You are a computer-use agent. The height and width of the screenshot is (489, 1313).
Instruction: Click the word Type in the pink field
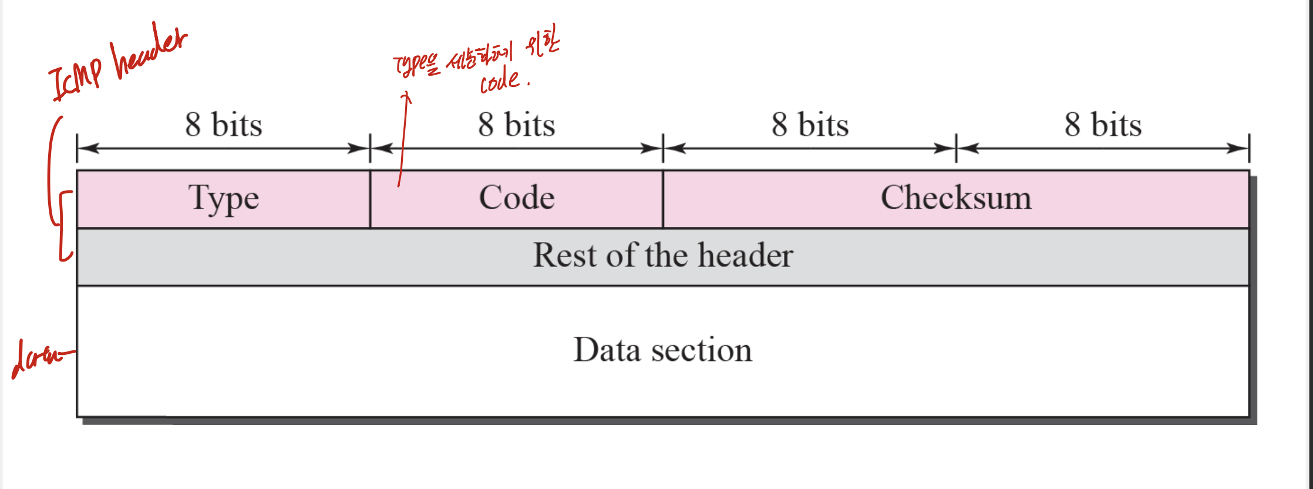click(x=224, y=199)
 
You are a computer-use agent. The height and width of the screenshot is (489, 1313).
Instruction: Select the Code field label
click(x=517, y=198)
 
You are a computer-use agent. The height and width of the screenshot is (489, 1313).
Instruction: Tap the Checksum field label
click(x=956, y=198)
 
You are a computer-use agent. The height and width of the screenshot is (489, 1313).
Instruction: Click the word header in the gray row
click(x=746, y=256)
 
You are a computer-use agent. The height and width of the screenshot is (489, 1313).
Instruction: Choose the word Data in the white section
click(x=607, y=350)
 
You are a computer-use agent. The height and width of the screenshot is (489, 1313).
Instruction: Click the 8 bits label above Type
click(x=224, y=125)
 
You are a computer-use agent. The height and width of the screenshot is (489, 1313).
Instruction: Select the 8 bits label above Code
click(x=517, y=125)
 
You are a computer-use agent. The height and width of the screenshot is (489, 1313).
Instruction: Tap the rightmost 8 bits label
click(x=1103, y=125)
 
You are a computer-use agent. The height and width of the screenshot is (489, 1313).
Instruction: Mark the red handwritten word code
click(x=500, y=81)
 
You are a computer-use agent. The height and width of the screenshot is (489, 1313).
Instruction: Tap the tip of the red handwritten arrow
click(x=406, y=94)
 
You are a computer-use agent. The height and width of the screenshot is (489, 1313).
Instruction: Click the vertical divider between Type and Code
click(x=370, y=199)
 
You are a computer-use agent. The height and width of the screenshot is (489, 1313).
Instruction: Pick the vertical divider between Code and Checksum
click(x=663, y=199)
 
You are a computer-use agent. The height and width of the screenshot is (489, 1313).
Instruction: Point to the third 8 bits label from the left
click(x=810, y=125)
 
